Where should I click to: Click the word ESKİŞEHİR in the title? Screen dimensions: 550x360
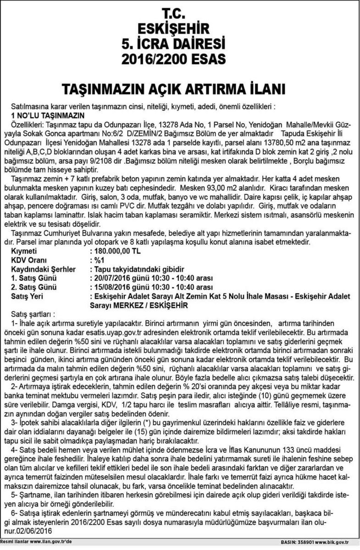(179, 27)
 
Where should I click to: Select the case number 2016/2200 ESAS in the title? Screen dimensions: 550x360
(179, 59)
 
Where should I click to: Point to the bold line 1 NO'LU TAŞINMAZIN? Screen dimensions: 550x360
(48, 115)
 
